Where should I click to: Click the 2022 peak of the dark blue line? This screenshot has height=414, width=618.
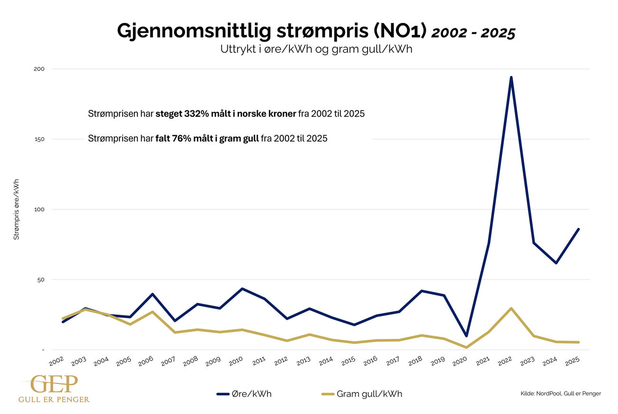(511, 77)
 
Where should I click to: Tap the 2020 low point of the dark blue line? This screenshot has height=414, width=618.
(466, 336)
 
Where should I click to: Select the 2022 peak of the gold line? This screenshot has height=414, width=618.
(511, 308)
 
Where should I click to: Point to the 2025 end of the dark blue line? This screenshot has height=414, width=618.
(579, 229)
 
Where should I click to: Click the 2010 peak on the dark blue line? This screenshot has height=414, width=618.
(242, 288)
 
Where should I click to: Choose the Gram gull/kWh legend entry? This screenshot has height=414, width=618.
(364, 394)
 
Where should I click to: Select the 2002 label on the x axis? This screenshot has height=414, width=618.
(57, 361)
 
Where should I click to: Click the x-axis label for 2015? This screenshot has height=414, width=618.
(348, 361)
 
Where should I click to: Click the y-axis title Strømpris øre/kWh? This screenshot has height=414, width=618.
(16, 209)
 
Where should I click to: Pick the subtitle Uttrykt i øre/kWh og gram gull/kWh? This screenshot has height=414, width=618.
(316, 49)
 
